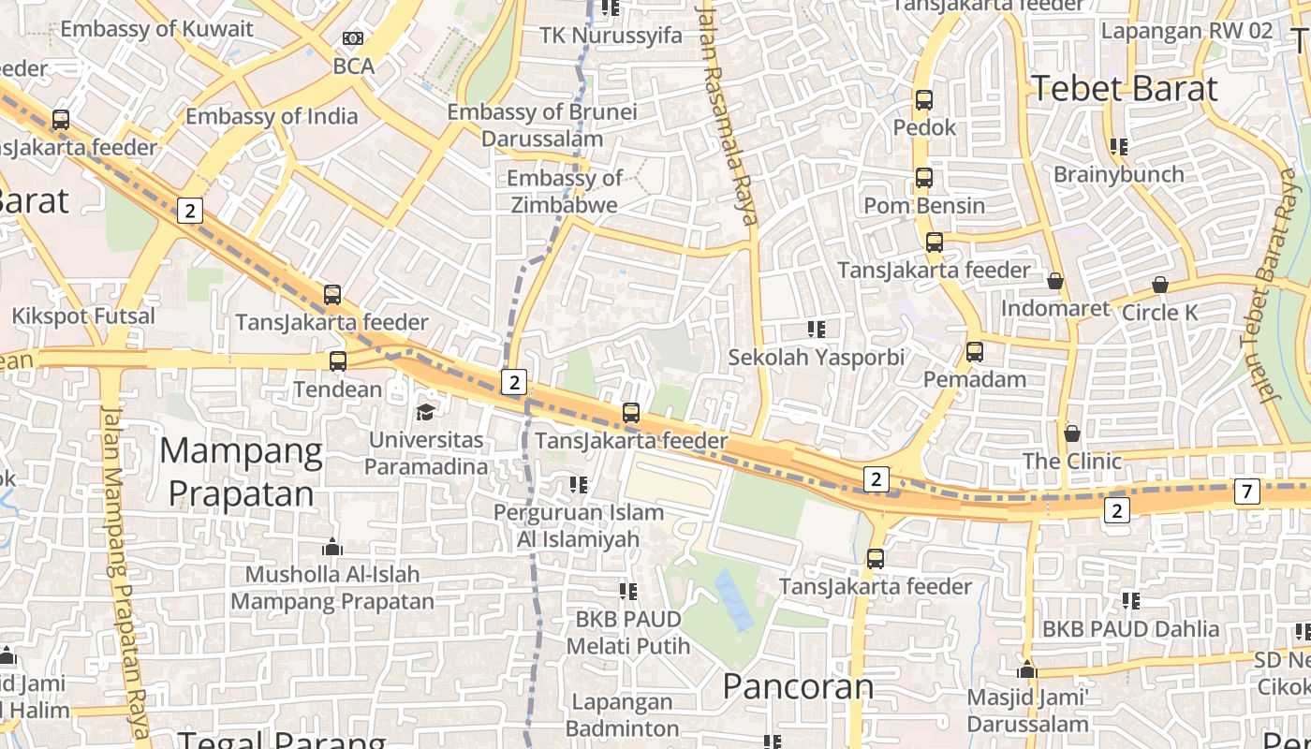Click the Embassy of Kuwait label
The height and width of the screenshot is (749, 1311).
(x=157, y=29)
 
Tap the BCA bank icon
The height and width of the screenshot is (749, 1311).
(x=353, y=38)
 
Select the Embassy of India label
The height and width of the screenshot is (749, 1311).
(x=272, y=117)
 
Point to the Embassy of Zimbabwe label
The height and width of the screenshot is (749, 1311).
(x=564, y=191)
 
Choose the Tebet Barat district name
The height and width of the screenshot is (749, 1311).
(x=1125, y=89)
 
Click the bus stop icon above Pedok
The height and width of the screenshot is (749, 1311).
(x=924, y=99)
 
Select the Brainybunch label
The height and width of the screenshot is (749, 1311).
(x=1118, y=174)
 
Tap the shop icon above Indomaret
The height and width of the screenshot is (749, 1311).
(x=1055, y=281)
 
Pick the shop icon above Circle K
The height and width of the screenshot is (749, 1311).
(x=1160, y=285)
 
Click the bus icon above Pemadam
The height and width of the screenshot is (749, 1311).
(x=975, y=352)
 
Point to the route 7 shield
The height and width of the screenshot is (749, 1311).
(x=1246, y=491)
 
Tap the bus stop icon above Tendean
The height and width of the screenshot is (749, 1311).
(x=338, y=360)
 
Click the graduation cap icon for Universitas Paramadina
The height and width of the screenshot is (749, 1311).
(x=426, y=412)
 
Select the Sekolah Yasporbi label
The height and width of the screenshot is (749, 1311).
(x=817, y=358)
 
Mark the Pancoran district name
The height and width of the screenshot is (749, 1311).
(x=798, y=686)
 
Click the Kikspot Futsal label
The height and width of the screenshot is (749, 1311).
(x=83, y=316)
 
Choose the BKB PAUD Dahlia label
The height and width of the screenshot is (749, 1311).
(x=1131, y=629)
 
